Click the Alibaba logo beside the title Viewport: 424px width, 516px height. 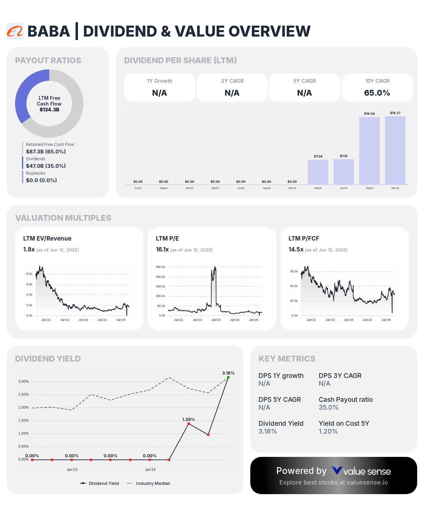(x=15, y=31)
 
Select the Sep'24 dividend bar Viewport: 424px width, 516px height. (x=369, y=150)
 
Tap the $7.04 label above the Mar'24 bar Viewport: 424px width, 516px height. (x=318, y=156)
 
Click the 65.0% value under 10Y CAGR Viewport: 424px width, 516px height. (x=377, y=93)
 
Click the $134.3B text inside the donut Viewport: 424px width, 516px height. (x=49, y=110)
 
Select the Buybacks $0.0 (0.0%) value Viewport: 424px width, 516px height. (x=41, y=180)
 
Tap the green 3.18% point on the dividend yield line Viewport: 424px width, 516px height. (x=228, y=377)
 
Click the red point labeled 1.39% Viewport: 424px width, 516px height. (x=189, y=424)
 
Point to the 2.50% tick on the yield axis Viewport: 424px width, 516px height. (x=24, y=394)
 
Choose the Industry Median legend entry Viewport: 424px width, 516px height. (x=153, y=483)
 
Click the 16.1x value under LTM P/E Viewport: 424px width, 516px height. (x=162, y=249)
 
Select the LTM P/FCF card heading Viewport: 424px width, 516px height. (x=304, y=239)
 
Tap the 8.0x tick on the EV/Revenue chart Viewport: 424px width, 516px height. (x=29, y=274)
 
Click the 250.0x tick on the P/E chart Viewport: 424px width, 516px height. (x=160, y=267)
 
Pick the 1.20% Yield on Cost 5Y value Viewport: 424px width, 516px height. (x=328, y=431)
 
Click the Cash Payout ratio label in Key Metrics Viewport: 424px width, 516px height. (x=345, y=399)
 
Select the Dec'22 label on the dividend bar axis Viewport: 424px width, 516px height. (x=189, y=188)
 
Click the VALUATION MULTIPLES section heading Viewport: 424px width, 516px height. (x=63, y=218)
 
